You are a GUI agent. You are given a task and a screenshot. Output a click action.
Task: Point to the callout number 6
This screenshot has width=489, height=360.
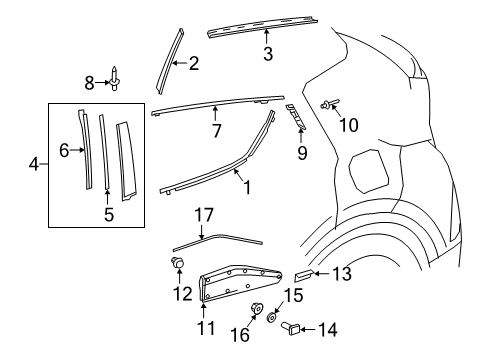coord(65,151)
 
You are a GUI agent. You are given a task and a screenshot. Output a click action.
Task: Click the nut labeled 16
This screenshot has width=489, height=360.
coord(254,310)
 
